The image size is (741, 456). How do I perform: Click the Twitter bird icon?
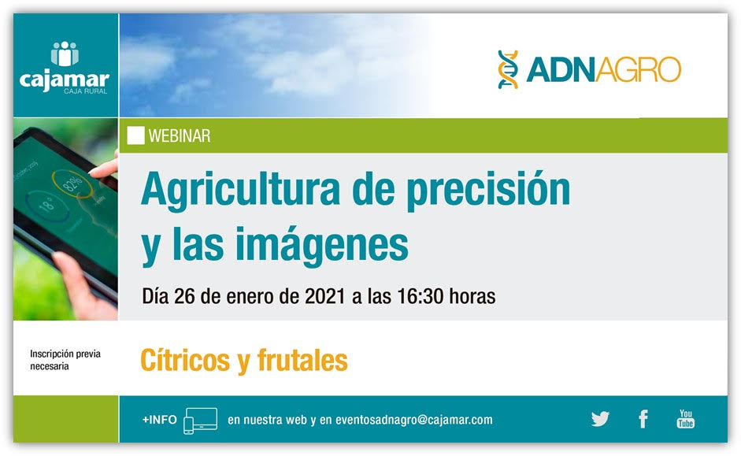(600, 419)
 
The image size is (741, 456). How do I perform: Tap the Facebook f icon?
(643, 419)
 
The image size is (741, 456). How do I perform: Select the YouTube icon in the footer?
(685, 419)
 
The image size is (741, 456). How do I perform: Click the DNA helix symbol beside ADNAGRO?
(508, 69)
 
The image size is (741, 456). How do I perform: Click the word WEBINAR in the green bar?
(180, 136)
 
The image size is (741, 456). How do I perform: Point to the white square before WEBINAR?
(135, 135)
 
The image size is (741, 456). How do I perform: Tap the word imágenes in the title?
(322, 245)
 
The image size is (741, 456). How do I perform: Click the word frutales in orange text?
(302, 360)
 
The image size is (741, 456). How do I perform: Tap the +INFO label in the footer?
(160, 420)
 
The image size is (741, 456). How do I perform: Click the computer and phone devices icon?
(200, 421)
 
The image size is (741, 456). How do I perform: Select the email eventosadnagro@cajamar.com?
(414, 420)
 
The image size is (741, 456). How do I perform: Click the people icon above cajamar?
(65, 54)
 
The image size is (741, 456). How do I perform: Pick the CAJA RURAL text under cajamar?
(86, 91)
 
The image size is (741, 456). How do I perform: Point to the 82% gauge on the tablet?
(72, 184)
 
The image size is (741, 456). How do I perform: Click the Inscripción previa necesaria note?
(65, 360)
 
